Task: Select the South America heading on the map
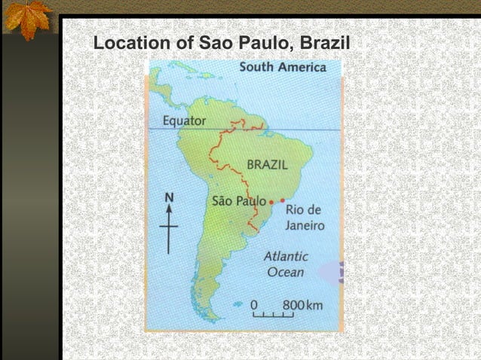[283, 68]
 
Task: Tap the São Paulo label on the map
[239, 201]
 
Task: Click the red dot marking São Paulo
[271, 203]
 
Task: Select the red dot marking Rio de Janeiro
[283, 200]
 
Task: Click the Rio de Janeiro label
[305, 217]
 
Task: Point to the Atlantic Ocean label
[285, 264]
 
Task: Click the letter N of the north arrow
[170, 197]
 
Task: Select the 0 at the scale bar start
[254, 304]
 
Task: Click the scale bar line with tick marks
[273, 315]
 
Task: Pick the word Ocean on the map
[285, 272]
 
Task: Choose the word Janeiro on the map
[305, 225]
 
